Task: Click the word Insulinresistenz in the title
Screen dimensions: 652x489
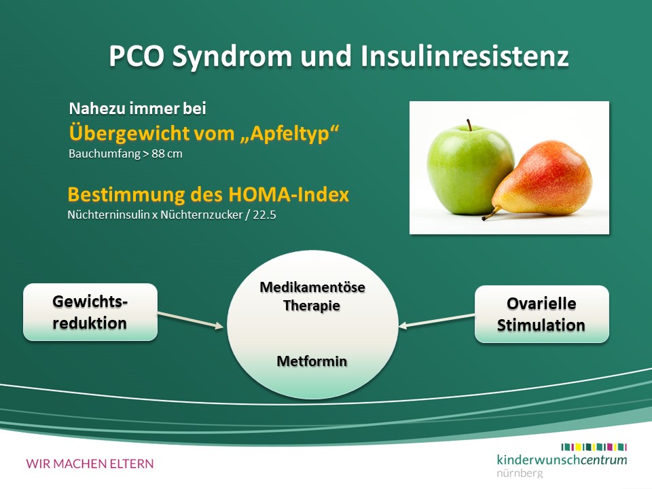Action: (465, 56)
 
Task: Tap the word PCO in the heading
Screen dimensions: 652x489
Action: (137, 56)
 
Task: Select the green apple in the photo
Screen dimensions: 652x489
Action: (469, 168)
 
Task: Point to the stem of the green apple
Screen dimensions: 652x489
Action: (469, 125)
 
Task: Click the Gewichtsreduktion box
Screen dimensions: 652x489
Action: (90, 312)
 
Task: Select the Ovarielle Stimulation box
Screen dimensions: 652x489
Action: (542, 314)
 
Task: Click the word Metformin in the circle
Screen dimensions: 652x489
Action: (312, 361)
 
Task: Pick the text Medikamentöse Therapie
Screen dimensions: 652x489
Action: (312, 297)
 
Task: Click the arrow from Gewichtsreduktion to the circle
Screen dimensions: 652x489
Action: (190, 320)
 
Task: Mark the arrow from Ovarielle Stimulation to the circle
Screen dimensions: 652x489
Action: (437, 321)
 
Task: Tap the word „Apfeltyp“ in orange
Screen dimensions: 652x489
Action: (289, 134)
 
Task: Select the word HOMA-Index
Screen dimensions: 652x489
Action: (289, 194)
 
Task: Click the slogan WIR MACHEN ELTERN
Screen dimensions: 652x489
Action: (90, 464)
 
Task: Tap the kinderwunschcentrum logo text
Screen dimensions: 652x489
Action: (562, 460)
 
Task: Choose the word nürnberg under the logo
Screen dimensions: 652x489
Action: (520, 473)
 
